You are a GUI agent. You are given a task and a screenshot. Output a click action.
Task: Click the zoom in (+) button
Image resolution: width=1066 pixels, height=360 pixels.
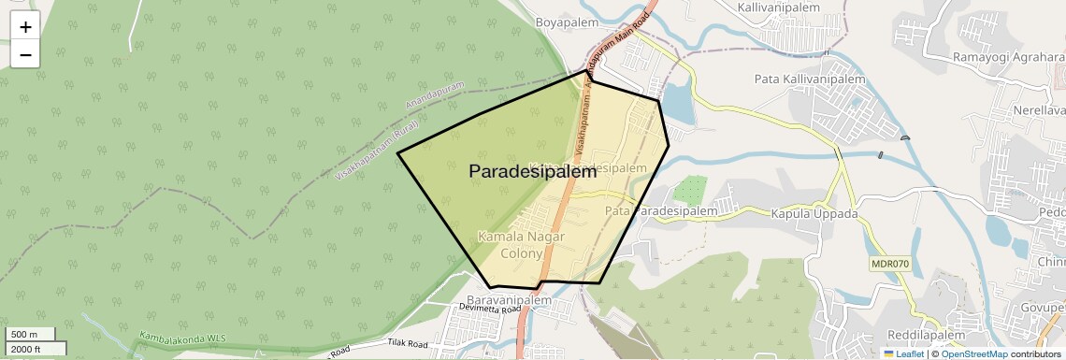click(25, 27)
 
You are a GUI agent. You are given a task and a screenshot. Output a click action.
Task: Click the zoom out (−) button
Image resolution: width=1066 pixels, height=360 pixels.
click(25, 55)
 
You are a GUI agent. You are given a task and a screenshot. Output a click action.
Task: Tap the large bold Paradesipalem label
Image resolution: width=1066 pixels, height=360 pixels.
click(532, 172)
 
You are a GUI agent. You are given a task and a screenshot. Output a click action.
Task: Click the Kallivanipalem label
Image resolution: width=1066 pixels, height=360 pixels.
click(778, 7)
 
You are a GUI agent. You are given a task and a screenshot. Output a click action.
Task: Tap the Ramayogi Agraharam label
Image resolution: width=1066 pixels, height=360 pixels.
click(1008, 57)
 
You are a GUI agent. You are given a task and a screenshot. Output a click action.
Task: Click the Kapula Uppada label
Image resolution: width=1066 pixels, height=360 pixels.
click(814, 213)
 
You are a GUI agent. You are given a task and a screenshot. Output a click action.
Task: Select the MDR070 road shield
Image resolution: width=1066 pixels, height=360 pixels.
click(889, 264)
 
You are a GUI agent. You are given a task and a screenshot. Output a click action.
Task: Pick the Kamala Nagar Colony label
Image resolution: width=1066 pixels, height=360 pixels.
click(521, 245)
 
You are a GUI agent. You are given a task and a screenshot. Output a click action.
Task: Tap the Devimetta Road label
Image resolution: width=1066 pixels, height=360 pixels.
click(490, 308)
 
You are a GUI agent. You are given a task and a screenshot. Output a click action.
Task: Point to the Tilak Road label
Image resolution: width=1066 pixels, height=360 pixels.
click(407, 344)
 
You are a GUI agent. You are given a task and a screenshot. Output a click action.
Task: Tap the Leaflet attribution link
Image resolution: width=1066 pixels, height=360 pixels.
click(903, 353)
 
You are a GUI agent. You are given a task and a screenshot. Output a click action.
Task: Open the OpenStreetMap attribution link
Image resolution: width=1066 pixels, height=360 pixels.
click(973, 353)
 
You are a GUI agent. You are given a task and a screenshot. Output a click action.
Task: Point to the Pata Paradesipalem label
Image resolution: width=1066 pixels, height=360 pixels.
click(661, 211)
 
